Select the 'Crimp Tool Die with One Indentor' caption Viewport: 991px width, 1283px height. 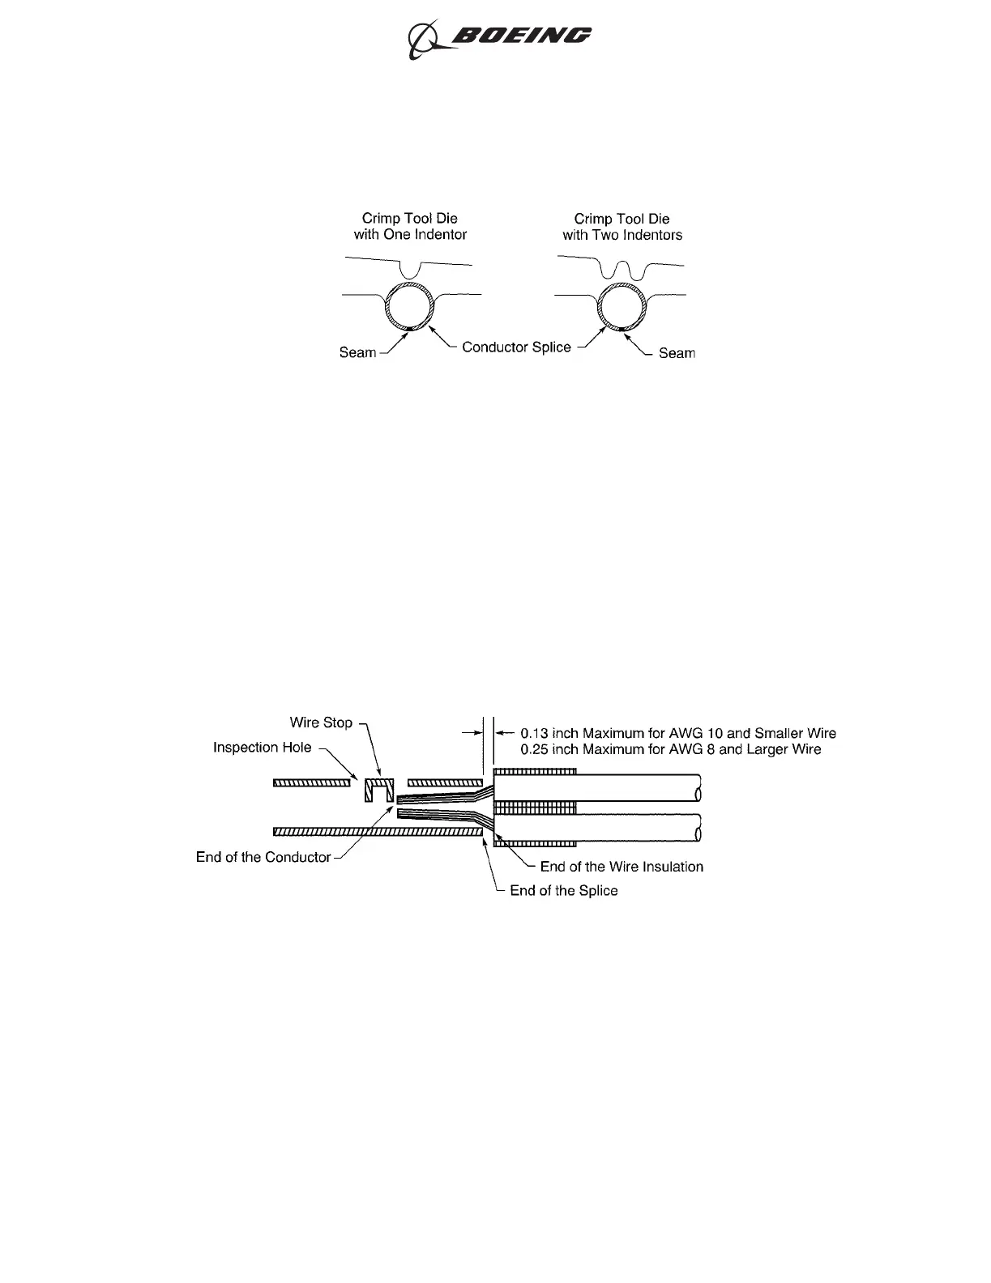[410, 227]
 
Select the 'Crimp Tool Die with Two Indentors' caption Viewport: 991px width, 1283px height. [622, 227]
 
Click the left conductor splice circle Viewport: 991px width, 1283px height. [410, 307]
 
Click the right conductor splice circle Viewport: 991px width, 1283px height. [622, 307]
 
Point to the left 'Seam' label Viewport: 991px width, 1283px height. [357, 352]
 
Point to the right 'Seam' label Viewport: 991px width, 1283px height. [677, 353]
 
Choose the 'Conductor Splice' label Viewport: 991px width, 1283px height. [516, 347]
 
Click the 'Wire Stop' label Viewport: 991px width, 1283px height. [321, 722]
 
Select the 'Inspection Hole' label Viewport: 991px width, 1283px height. [262, 747]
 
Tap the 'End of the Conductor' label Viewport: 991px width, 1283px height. [263, 857]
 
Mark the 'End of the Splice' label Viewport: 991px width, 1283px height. [563, 891]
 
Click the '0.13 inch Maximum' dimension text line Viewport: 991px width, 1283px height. [677, 733]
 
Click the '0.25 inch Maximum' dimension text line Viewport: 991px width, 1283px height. [670, 750]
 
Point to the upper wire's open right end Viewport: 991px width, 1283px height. [696, 787]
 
